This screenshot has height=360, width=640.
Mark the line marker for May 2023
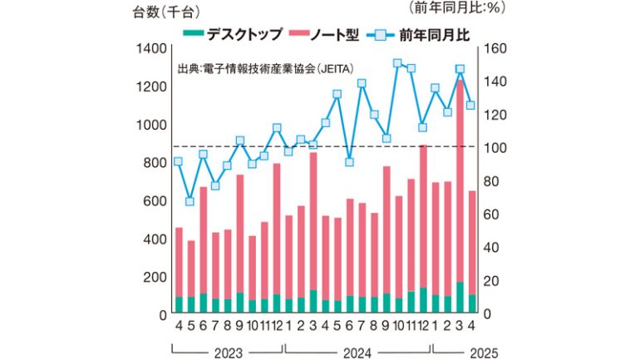(x=190, y=201)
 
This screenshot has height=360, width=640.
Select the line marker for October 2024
(x=397, y=63)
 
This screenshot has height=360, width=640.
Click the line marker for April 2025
(x=470, y=106)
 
